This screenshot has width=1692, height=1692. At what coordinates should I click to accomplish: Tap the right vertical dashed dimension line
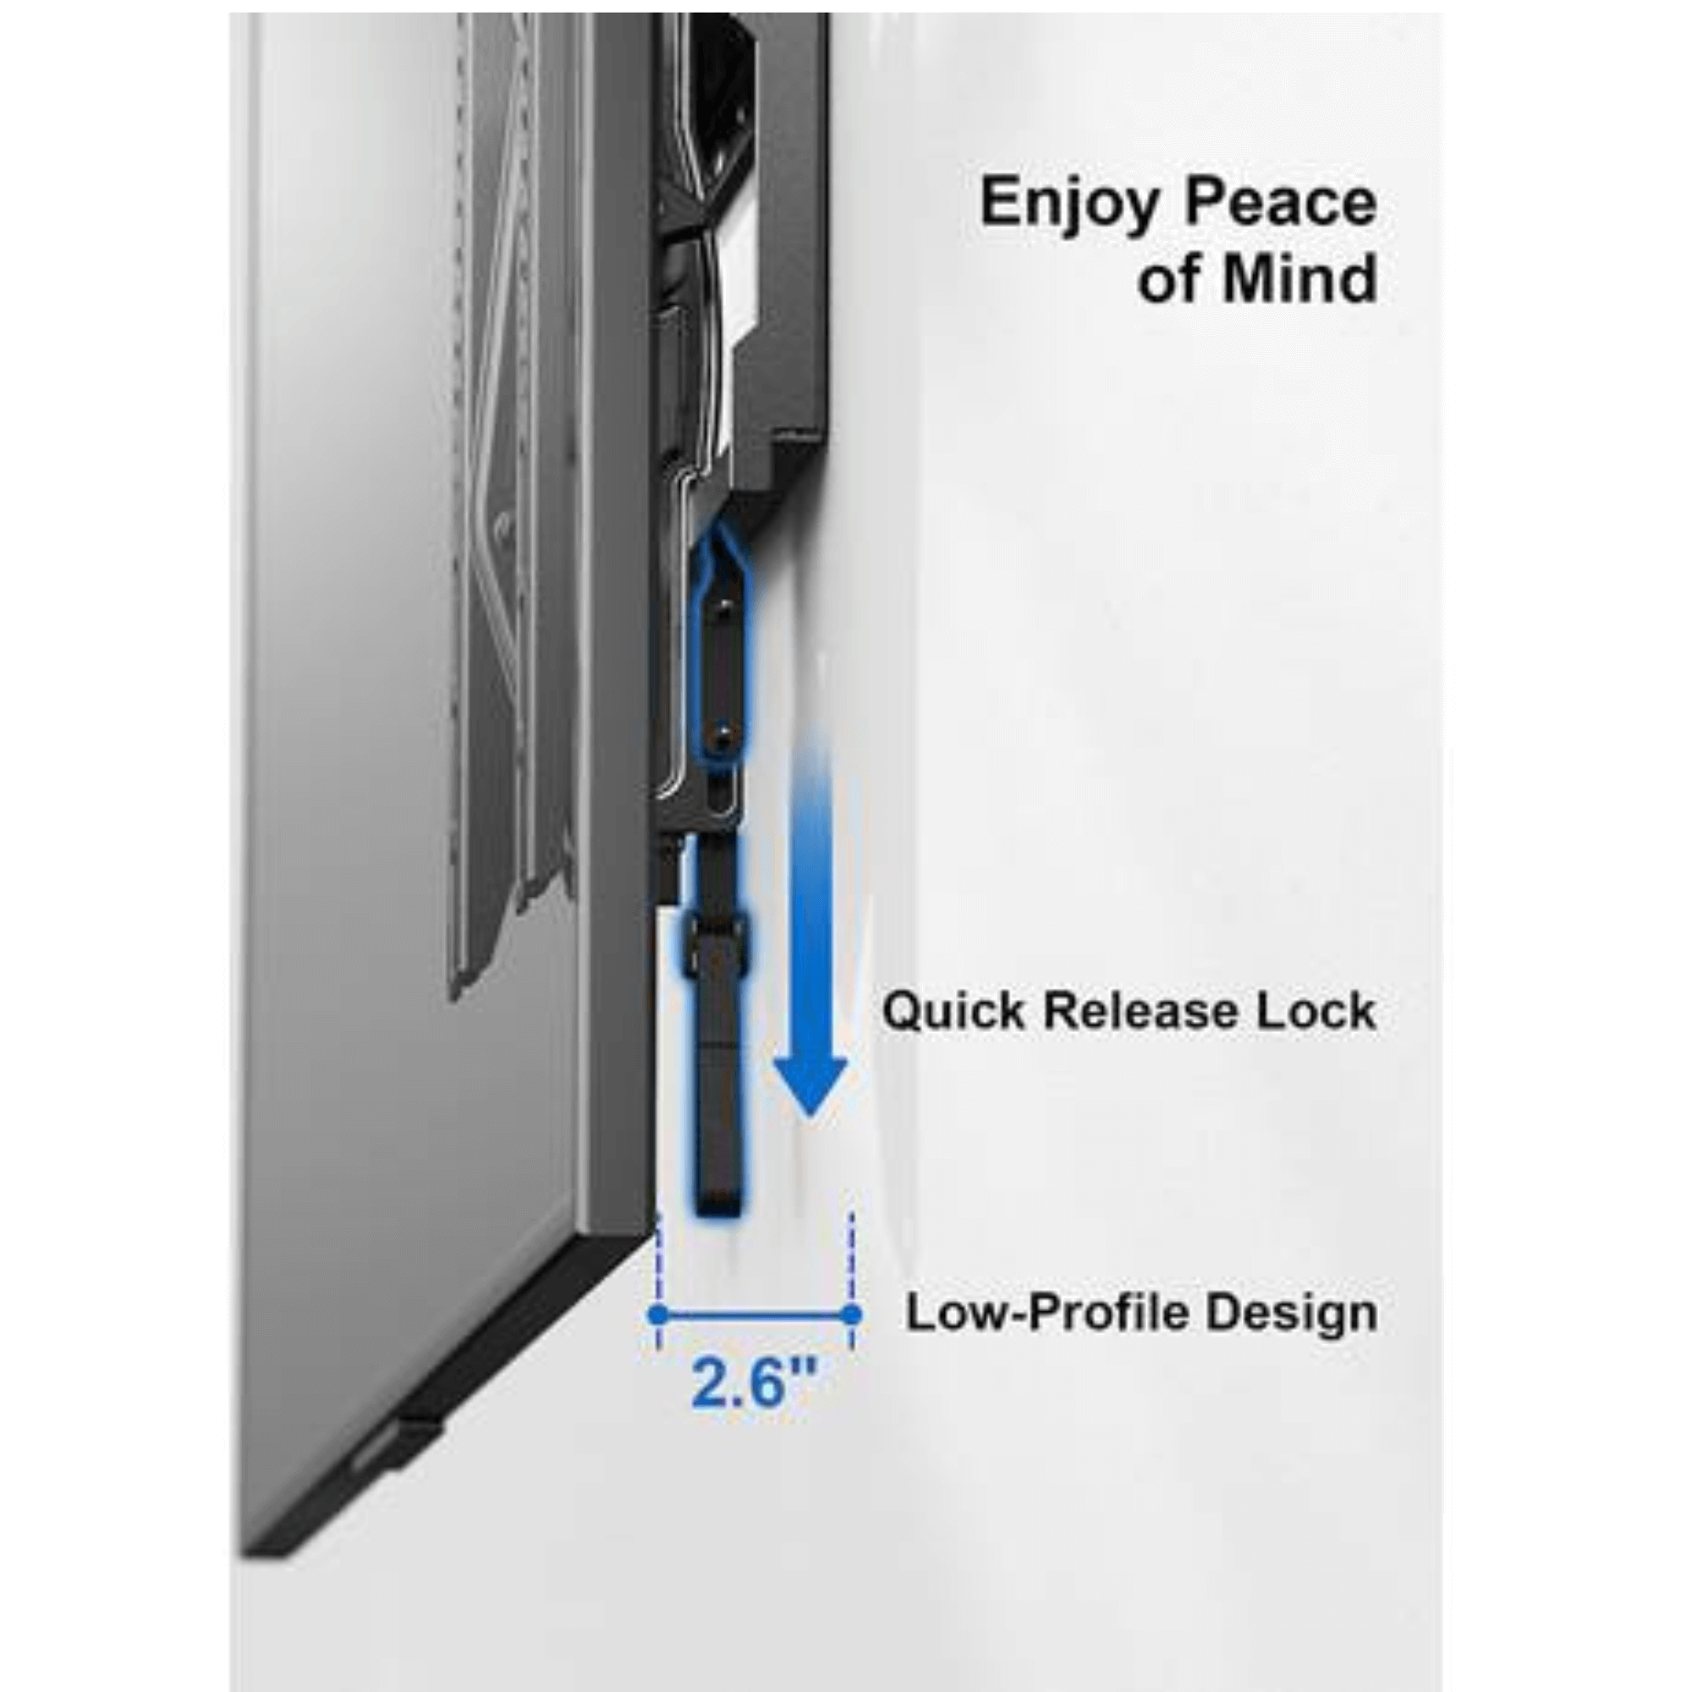pos(852,1270)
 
